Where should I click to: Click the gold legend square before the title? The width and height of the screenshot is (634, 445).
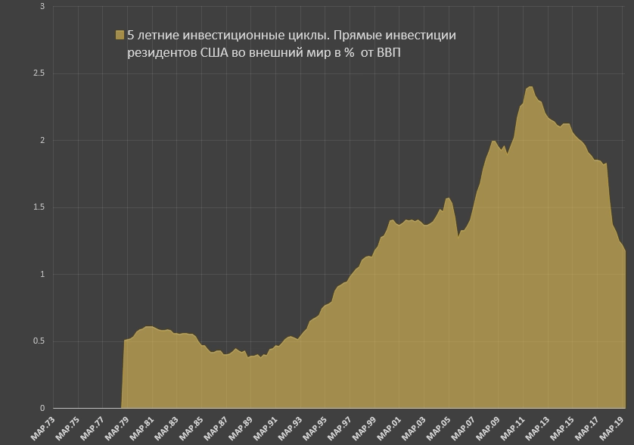pos(120,35)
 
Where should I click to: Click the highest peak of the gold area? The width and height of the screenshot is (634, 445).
pos(530,87)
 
